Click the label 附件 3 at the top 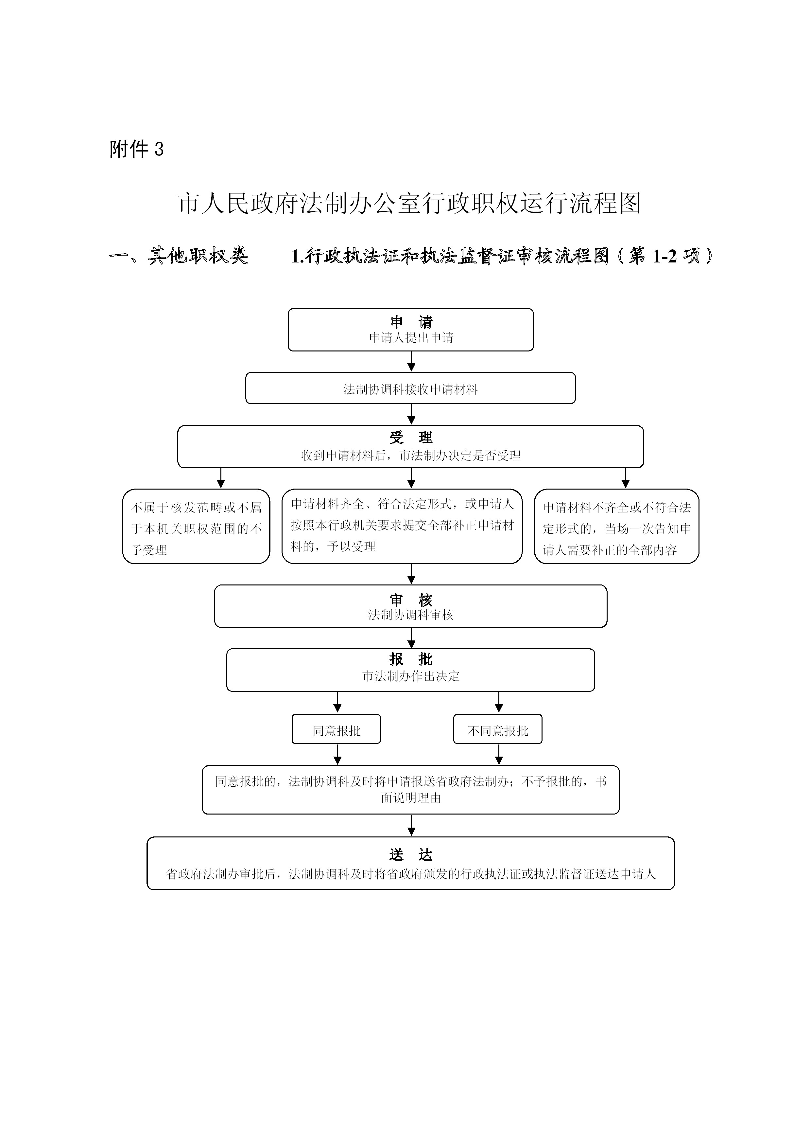(136, 149)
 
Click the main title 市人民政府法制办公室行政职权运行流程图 (409, 204)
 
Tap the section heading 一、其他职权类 (179, 256)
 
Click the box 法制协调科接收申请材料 (410, 388)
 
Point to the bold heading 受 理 (411, 438)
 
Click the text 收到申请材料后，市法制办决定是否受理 (411, 456)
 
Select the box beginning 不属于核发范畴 (196, 527)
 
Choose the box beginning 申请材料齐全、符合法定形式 (402, 527)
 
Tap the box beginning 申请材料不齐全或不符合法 (617, 527)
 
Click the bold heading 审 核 (411, 600)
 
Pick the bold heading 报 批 (411, 659)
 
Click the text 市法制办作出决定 (411, 676)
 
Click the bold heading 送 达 (411, 855)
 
